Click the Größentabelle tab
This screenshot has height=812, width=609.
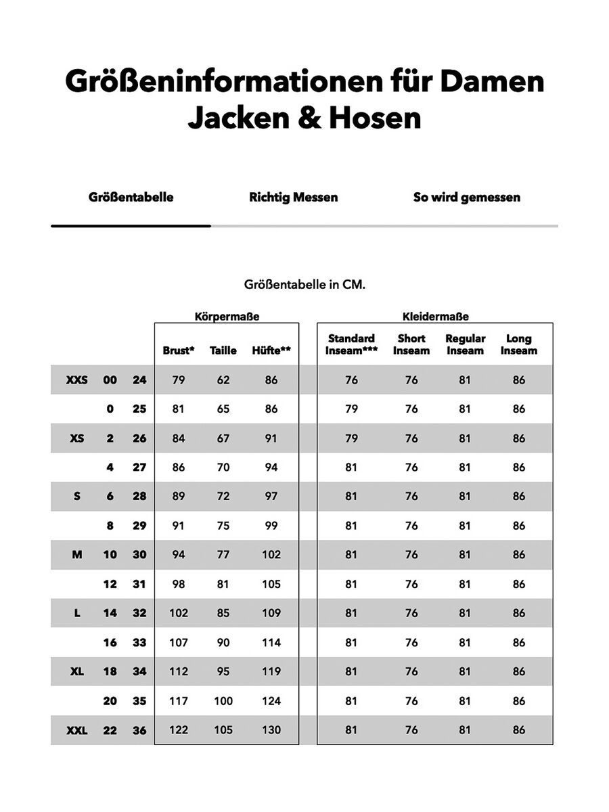[131, 198]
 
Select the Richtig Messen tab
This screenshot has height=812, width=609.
[293, 198]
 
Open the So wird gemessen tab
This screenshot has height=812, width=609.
[466, 198]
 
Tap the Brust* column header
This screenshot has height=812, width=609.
[179, 351]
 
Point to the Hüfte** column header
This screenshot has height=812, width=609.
[271, 351]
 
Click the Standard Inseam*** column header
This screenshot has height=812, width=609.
[351, 344]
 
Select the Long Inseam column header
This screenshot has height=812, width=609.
[519, 344]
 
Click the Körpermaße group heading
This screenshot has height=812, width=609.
[227, 316]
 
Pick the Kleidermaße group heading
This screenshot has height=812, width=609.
[435, 316]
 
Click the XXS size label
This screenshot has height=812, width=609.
[76, 380]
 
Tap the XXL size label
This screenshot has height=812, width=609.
[76, 730]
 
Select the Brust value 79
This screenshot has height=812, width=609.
[179, 380]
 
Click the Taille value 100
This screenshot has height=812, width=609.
[223, 701]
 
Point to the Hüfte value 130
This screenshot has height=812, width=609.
[271, 730]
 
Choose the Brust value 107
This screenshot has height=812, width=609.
[179, 643]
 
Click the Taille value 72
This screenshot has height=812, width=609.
[223, 497]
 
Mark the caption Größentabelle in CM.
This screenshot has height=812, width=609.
[304, 285]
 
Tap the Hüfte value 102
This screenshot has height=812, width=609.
[271, 555]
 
